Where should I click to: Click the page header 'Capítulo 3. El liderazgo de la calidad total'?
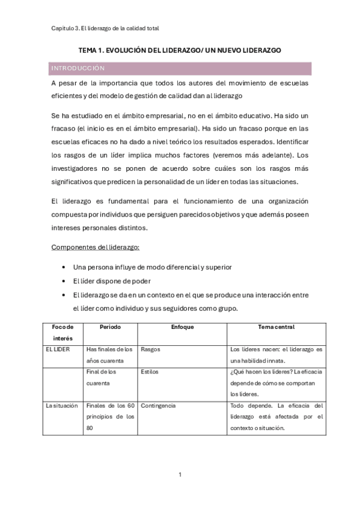105,28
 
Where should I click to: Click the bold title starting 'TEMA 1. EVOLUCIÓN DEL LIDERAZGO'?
180,52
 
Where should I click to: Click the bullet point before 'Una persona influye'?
64,266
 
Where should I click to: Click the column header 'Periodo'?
110,327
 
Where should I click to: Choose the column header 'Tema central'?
275,327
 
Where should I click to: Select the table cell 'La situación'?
62,406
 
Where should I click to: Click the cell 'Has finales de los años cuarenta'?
109,355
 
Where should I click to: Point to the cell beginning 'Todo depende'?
276,417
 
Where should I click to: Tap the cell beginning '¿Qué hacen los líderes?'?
276,383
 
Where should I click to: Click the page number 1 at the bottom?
180,475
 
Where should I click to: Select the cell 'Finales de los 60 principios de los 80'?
109,417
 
